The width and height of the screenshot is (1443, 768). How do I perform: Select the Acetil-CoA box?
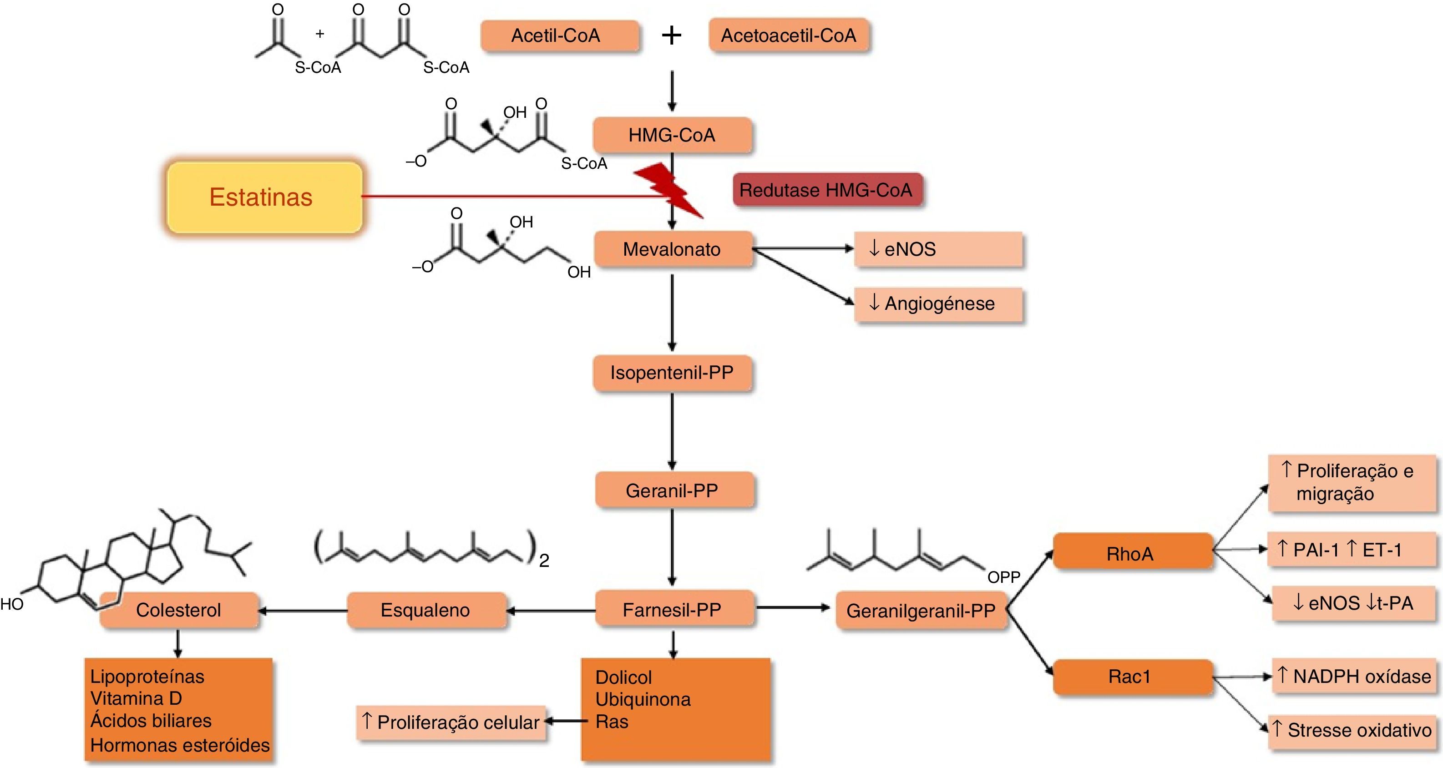tap(560, 36)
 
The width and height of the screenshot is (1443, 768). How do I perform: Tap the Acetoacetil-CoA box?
tap(789, 36)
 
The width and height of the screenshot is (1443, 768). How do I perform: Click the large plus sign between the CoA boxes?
tap(671, 36)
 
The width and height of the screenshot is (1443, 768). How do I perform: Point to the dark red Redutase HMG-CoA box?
tap(827, 190)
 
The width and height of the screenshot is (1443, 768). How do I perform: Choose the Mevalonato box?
tap(672, 249)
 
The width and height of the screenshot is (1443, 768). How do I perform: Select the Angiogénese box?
tap(938, 303)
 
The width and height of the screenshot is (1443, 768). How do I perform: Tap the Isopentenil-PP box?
tap(672, 373)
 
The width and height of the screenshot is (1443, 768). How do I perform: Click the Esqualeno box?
tap(426, 610)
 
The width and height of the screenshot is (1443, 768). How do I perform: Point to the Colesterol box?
tap(179, 610)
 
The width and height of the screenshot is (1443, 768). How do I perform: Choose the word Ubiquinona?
tap(643, 699)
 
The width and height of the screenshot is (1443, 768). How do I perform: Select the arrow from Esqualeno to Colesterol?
tap(303, 610)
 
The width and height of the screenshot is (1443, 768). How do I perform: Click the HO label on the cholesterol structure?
tap(12, 604)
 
